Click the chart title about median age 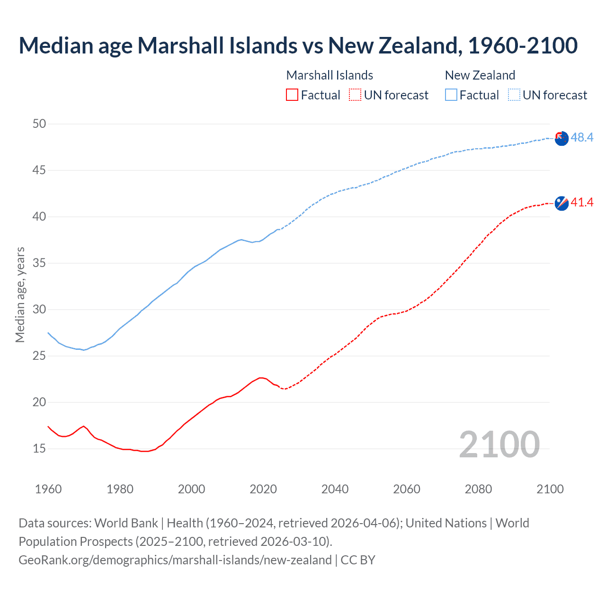click(x=298, y=45)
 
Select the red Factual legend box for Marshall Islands click(x=292, y=95)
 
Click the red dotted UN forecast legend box click(x=355, y=95)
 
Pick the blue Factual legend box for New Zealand click(x=451, y=95)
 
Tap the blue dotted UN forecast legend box click(x=514, y=95)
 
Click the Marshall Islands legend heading click(x=330, y=75)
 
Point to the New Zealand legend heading click(x=480, y=75)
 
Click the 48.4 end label click(x=582, y=137)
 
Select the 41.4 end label click(x=582, y=203)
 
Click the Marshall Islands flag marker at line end click(x=561, y=203)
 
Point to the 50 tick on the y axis click(x=39, y=124)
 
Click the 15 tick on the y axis click(x=39, y=448)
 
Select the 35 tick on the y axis click(x=39, y=263)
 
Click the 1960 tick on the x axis click(x=48, y=489)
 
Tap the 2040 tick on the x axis click(x=335, y=489)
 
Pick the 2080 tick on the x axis click(x=478, y=489)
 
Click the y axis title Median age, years click(x=20, y=294)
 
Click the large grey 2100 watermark click(x=499, y=444)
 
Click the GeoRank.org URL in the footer click(x=175, y=560)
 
